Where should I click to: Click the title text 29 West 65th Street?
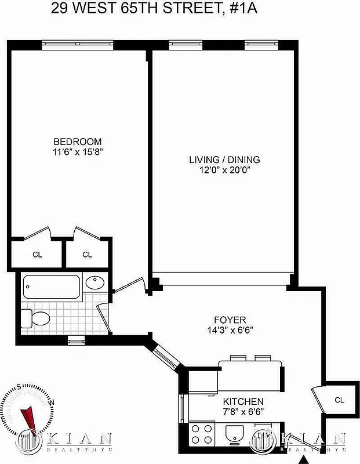(x=180, y=9)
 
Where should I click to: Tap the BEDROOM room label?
(x=78, y=142)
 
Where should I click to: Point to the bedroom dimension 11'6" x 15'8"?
(x=78, y=152)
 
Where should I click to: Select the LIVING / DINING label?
(x=224, y=159)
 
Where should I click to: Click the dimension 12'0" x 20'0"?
(x=224, y=170)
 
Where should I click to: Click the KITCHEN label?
(x=243, y=401)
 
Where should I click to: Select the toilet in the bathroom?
(x=36, y=317)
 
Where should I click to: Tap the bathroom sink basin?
(x=95, y=284)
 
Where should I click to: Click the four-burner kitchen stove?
(x=202, y=434)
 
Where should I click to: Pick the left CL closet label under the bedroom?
(x=37, y=254)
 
